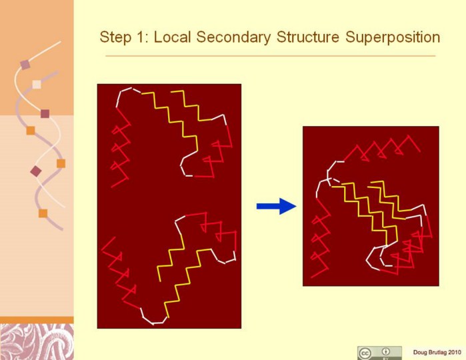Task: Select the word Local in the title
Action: point(172,37)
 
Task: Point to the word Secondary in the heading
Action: point(233,38)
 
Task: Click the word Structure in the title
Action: point(308,37)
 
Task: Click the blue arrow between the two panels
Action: point(277,206)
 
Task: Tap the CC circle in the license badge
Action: point(365,353)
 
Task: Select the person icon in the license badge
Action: point(386,352)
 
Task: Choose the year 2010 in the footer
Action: point(455,352)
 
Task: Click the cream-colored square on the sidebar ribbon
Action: point(37,85)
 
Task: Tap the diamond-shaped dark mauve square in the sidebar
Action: point(36,171)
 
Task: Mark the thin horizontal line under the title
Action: point(271,55)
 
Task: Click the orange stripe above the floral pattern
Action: point(37,320)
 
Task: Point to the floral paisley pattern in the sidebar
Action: point(37,342)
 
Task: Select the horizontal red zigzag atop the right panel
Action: point(382,148)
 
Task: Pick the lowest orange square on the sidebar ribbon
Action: point(43,213)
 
